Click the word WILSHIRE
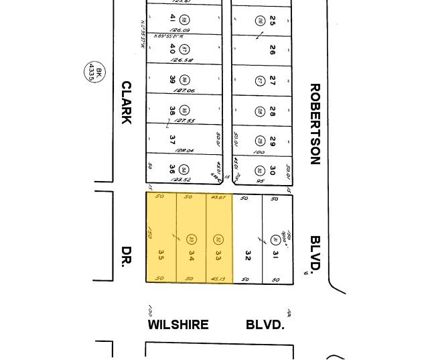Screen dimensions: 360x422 178,325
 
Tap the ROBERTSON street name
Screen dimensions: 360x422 315,124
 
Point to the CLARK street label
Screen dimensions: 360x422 126,103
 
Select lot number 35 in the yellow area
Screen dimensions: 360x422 161,255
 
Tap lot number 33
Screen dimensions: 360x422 218,255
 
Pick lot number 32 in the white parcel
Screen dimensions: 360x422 248,255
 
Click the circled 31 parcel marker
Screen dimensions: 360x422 275,239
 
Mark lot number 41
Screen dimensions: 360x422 172,18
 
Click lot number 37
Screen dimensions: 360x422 172,140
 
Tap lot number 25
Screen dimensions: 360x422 273,19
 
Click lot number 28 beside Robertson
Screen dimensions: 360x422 273,111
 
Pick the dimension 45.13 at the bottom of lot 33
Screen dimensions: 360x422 218,279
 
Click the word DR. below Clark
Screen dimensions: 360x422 125,256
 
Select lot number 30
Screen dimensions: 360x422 273,170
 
